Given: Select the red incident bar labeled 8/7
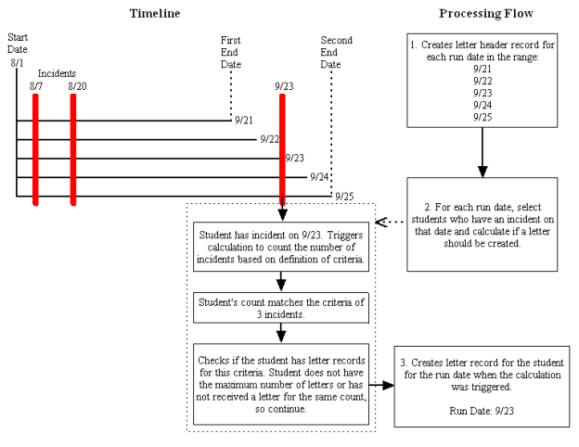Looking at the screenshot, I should pos(35,148).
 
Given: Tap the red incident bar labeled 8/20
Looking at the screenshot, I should pos(72,148).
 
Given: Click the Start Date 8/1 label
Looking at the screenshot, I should pos(17,52).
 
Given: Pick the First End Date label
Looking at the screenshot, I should pos(230,52).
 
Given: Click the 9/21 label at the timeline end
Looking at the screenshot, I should pos(244,121).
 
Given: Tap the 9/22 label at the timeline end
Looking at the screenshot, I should pos(270,139).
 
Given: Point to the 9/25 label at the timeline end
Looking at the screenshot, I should pos(344,196).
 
